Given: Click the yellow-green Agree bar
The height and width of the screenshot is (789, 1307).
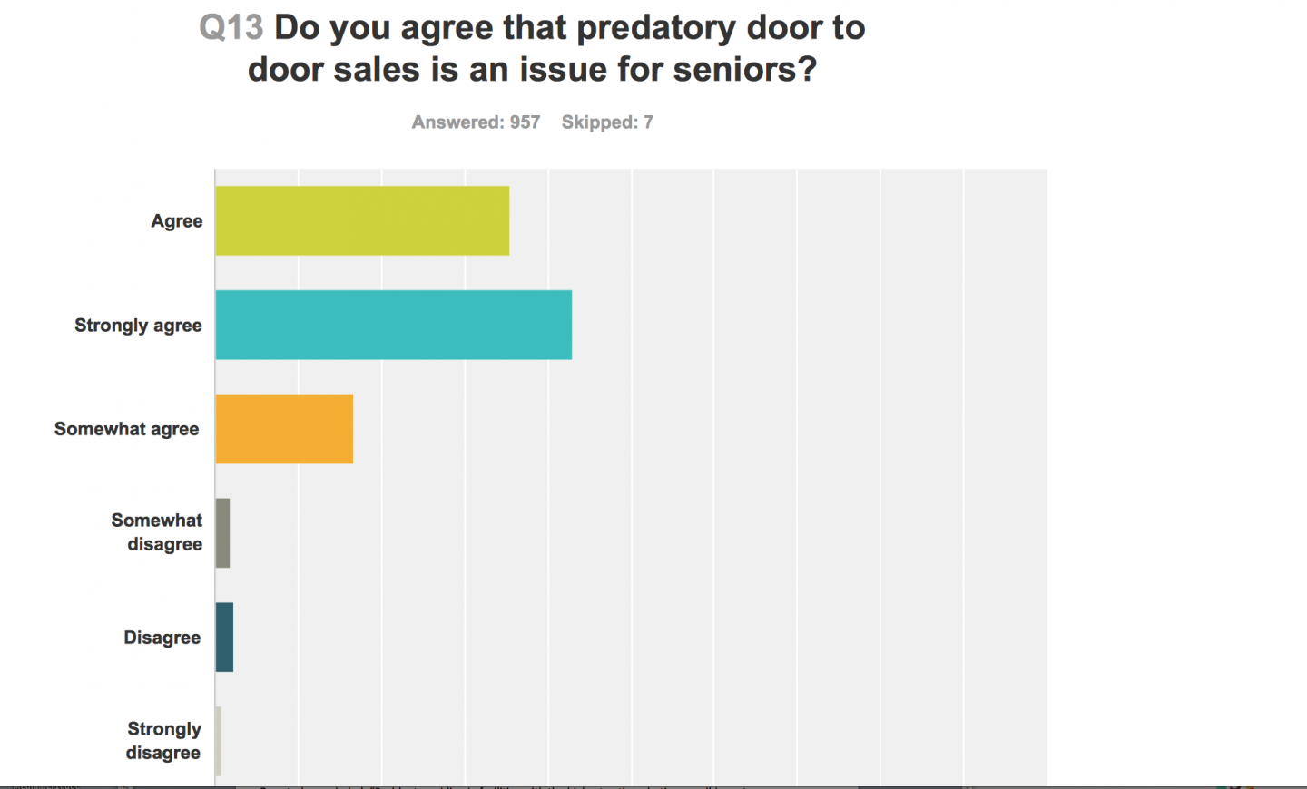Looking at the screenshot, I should (x=362, y=220).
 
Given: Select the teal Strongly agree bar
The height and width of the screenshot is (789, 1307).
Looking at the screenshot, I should (x=393, y=325).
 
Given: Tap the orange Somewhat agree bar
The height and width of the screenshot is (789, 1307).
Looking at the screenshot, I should (x=284, y=429).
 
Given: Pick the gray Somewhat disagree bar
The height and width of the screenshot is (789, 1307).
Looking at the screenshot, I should (x=222, y=533).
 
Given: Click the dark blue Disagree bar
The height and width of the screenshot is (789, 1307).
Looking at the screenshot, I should (x=224, y=638).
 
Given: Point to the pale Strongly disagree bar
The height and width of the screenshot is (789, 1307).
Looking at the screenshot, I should (x=218, y=741).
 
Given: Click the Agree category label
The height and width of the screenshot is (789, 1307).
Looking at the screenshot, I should (x=177, y=221).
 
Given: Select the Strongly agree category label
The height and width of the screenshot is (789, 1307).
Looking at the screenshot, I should (x=138, y=326).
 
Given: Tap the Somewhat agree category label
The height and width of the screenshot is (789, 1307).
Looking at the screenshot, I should (x=126, y=429).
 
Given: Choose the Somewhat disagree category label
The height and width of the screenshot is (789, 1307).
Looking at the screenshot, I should (x=157, y=532).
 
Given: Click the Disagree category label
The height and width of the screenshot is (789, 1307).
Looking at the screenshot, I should (x=162, y=638).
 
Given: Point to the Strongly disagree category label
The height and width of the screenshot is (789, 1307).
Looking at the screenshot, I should (x=163, y=741).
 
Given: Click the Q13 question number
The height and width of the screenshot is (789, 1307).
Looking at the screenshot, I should (x=231, y=28).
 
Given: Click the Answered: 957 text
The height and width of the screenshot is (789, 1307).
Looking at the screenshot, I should (x=476, y=122).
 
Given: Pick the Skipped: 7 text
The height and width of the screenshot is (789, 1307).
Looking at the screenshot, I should (x=607, y=122).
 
